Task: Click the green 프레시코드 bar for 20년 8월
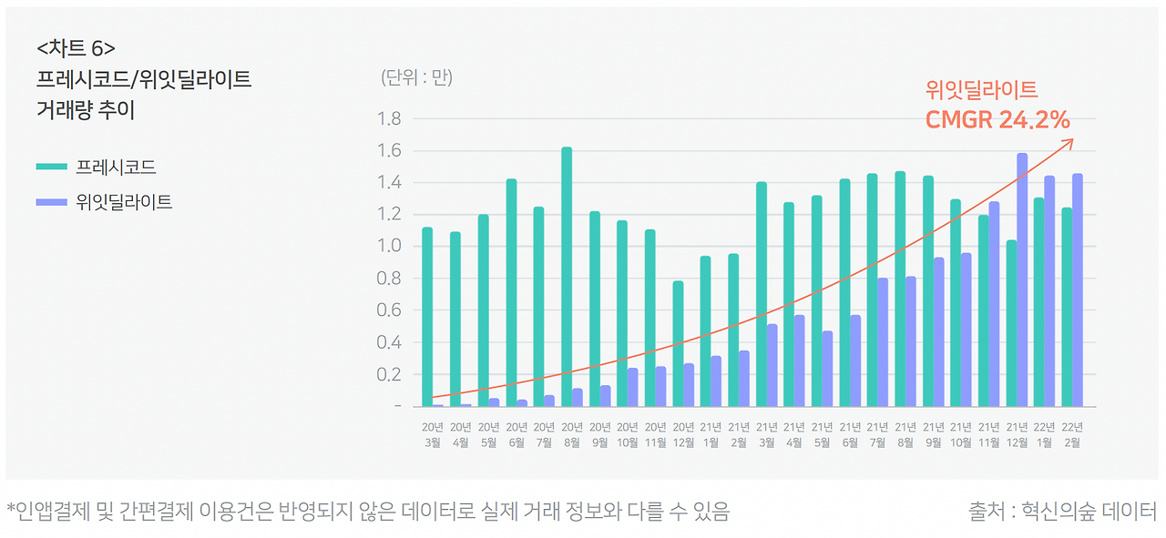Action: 567,277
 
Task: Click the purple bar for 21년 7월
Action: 883,341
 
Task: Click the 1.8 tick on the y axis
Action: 389,118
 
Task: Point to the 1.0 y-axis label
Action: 389,246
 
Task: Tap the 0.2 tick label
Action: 389,374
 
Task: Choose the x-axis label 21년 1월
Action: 711,434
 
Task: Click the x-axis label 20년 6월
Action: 517,434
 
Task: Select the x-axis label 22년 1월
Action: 1045,434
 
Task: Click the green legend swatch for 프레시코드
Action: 51,167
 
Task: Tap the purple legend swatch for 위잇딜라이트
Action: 51,201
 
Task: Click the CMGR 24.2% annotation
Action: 997,120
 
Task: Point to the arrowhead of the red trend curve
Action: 1070,141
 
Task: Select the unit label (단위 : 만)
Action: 416,77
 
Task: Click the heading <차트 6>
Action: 77,48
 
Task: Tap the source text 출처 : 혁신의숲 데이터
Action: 1062,511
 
